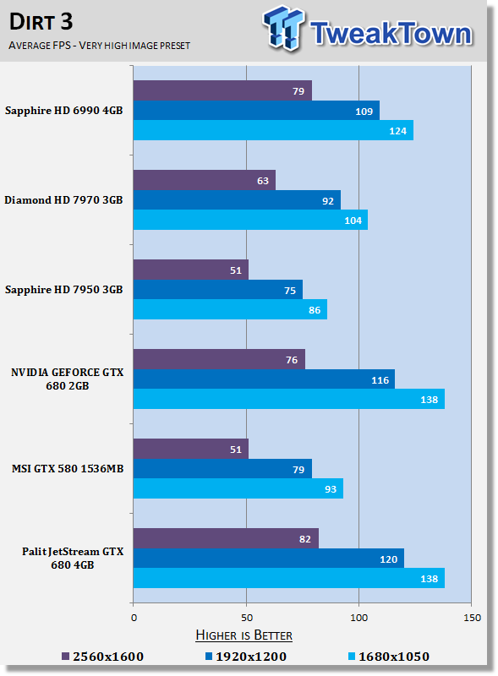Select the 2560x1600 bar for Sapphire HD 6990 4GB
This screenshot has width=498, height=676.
[x=222, y=90]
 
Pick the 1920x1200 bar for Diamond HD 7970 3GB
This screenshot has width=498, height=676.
[x=237, y=200]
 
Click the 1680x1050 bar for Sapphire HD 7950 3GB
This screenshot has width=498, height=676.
[x=230, y=310]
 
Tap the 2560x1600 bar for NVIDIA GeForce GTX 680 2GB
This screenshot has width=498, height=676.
[x=219, y=359]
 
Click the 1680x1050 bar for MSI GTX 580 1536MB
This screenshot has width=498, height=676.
[x=238, y=488]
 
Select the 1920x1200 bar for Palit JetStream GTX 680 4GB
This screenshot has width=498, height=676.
[x=268, y=559]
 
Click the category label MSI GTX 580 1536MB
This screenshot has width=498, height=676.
[x=67, y=469]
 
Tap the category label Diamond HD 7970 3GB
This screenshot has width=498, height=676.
[x=63, y=200]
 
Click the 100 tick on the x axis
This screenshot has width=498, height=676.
[x=359, y=618]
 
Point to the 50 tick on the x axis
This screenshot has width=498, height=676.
[x=246, y=618]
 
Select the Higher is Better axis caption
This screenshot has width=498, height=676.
[x=244, y=635]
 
